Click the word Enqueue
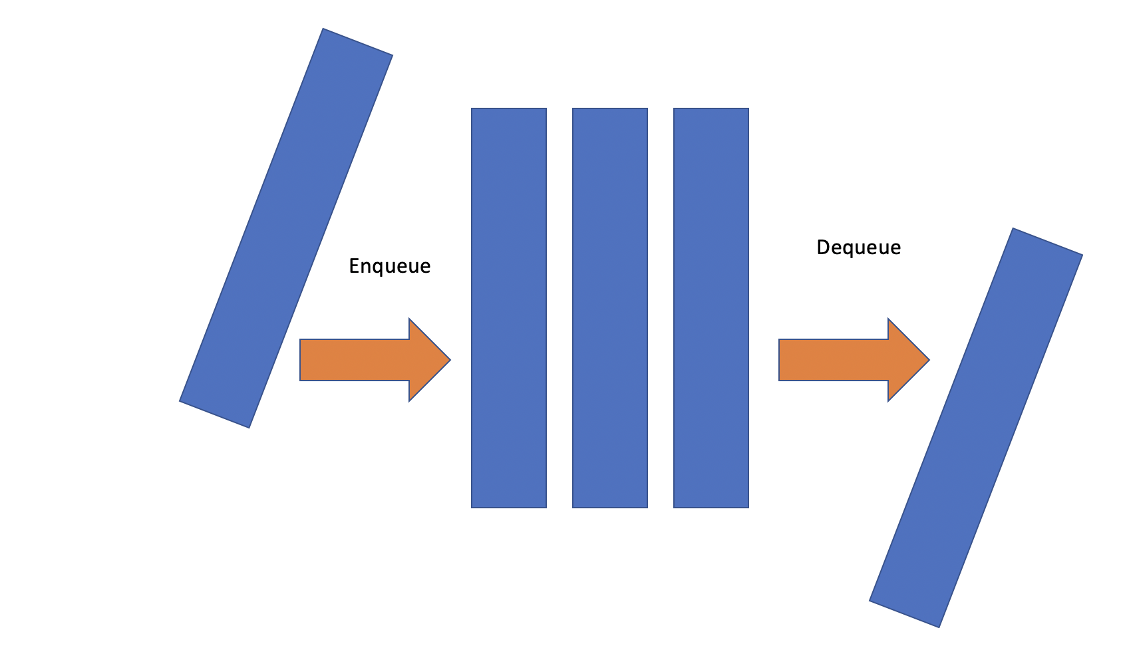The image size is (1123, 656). pyautogui.click(x=390, y=266)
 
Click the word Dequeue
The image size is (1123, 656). pyautogui.click(x=858, y=247)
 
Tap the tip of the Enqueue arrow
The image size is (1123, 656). pyautogui.click(x=448, y=360)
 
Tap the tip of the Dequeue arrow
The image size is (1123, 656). pyautogui.click(x=927, y=360)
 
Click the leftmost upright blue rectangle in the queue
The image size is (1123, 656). pyautogui.click(x=509, y=308)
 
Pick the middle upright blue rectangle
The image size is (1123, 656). pyautogui.click(x=610, y=308)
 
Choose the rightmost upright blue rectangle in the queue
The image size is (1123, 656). pyautogui.click(x=711, y=308)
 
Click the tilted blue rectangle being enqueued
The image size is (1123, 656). pyautogui.click(x=286, y=228)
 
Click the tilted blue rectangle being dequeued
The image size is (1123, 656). pyautogui.click(x=976, y=428)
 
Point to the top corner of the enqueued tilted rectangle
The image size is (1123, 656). pyautogui.click(x=324, y=30)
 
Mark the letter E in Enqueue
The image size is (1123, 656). pyautogui.click(x=354, y=266)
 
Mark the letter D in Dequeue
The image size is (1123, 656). pyautogui.click(x=822, y=247)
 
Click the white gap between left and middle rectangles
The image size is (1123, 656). pyautogui.click(x=560, y=308)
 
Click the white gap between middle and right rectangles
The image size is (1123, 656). pyautogui.click(x=661, y=308)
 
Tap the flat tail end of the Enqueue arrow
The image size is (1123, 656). pyautogui.click(x=302, y=360)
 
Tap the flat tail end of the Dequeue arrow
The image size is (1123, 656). pyautogui.click(x=781, y=360)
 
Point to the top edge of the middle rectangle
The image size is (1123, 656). pyautogui.click(x=610, y=109)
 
